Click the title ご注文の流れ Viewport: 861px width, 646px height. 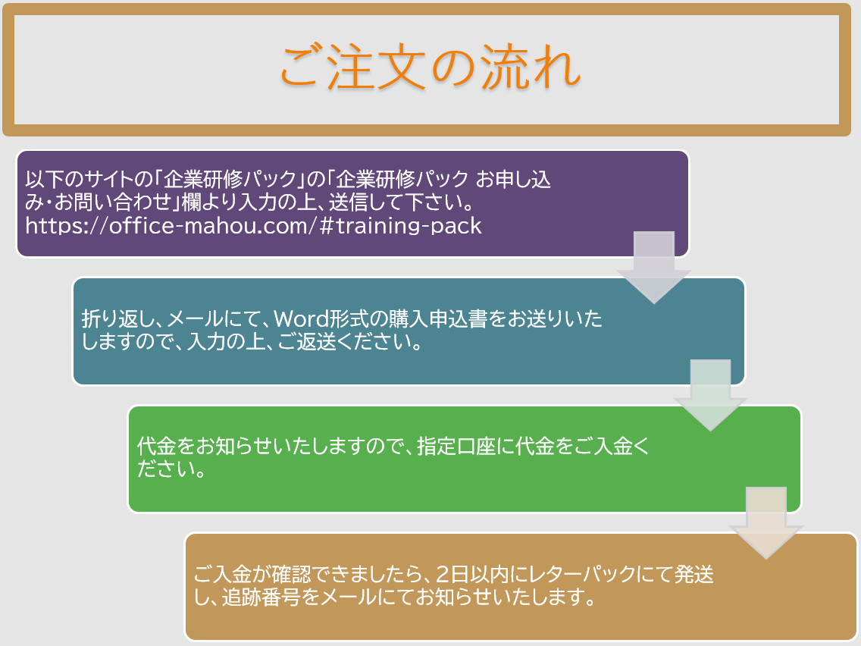click(x=430, y=67)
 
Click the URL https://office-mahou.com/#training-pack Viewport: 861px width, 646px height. click(x=253, y=226)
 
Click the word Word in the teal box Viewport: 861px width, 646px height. click(x=301, y=318)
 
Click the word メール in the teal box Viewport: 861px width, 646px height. click(x=196, y=318)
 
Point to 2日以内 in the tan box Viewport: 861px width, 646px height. click(x=472, y=574)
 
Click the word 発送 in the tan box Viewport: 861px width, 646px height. click(x=693, y=574)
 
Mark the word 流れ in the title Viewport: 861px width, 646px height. click(x=531, y=67)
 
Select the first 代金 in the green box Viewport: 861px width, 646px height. click(x=156, y=446)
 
